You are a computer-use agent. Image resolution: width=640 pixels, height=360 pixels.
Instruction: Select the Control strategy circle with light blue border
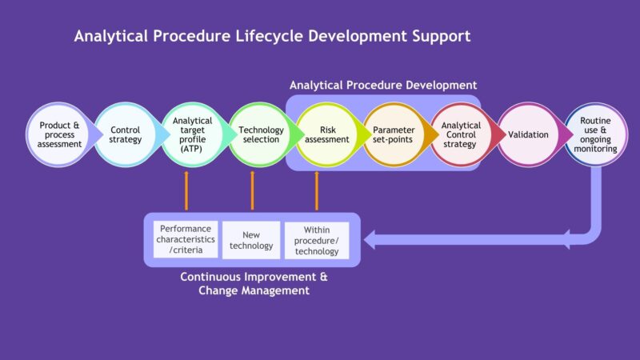[x=126, y=134]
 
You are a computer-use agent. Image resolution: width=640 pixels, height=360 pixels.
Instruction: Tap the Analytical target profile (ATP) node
[x=192, y=134]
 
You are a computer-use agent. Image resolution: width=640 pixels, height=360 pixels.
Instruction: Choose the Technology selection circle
[x=259, y=134]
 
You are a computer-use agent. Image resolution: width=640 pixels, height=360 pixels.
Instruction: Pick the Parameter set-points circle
[x=394, y=134]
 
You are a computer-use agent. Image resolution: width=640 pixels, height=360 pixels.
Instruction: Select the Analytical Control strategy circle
[x=461, y=134]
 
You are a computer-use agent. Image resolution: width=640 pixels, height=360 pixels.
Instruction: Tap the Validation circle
[x=528, y=134]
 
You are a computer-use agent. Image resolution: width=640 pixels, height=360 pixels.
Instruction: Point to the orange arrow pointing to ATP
[x=186, y=190]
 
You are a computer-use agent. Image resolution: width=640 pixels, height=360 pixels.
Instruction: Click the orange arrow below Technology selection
[x=252, y=190]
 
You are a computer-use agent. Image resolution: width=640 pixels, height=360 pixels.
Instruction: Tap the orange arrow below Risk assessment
[x=317, y=190]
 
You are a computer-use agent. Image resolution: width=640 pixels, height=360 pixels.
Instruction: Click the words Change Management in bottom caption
[x=254, y=291]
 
